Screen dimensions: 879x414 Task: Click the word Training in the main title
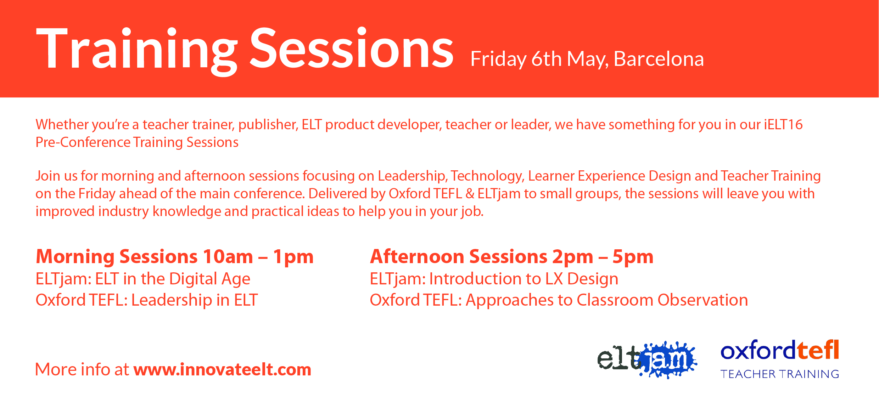[x=136, y=50]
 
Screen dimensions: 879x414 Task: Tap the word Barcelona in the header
[x=659, y=59]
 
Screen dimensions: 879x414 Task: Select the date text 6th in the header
[x=547, y=59]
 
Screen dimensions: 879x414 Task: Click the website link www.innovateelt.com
[x=222, y=369]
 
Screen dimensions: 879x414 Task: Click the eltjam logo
[x=647, y=359]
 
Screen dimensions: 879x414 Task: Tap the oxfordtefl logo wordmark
[x=780, y=350]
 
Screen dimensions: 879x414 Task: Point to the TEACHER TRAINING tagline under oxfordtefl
[x=780, y=374]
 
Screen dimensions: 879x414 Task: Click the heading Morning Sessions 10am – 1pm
[x=175, y=257]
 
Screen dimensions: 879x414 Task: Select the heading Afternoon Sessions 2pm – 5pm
[x=512, y=257]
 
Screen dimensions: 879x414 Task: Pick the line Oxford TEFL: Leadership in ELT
[x=147, y=300]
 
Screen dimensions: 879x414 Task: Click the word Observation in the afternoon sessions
[x=703, y=300]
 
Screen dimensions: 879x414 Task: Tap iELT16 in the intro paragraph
[x=783, y=125]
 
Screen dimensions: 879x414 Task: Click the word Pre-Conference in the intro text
[x=83, y=142]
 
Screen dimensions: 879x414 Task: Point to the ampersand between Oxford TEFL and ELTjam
[x=470, y=194]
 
